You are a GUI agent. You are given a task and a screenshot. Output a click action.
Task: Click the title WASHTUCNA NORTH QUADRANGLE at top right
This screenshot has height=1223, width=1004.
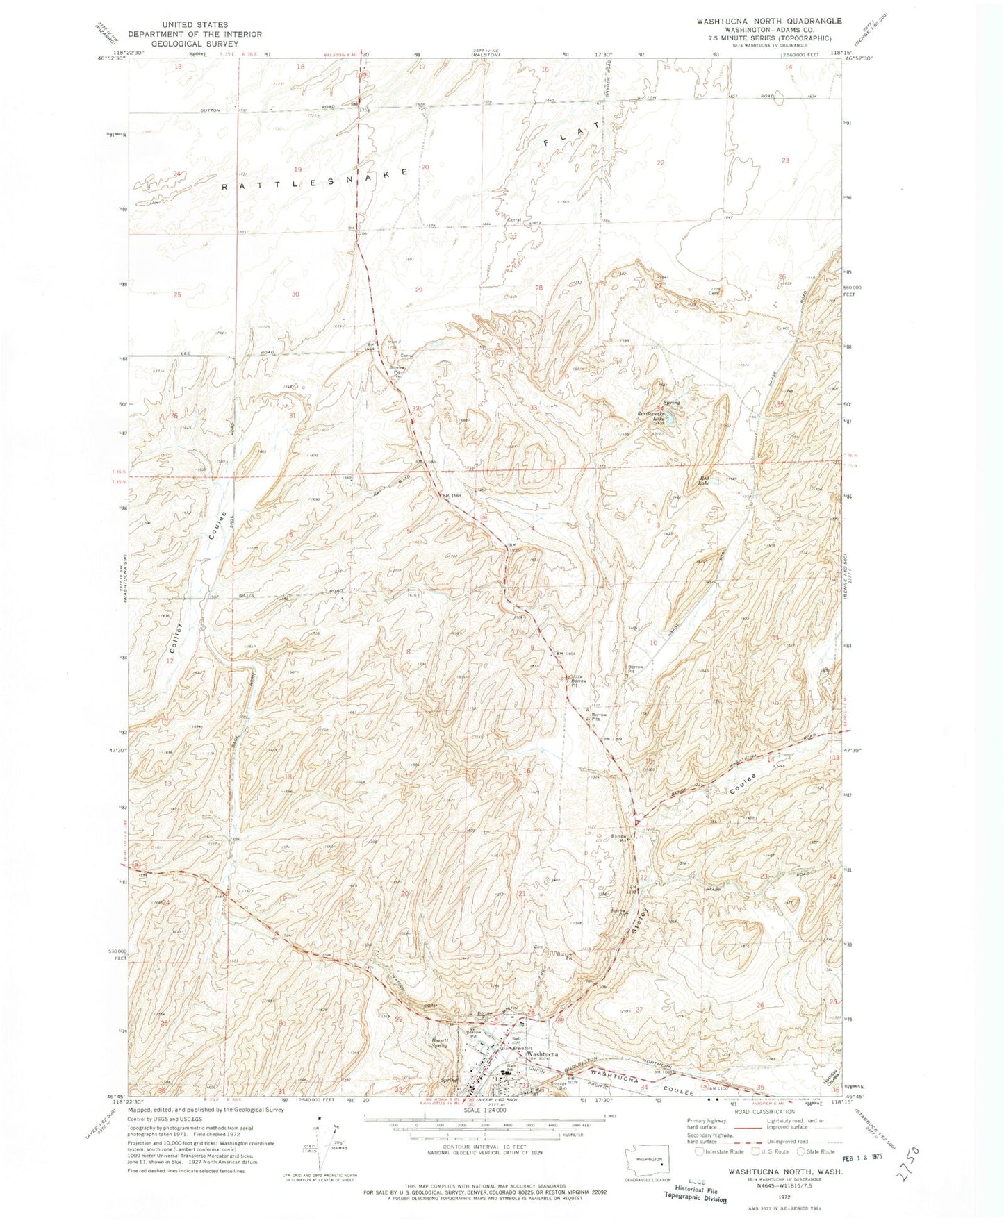tap(770, 21)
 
